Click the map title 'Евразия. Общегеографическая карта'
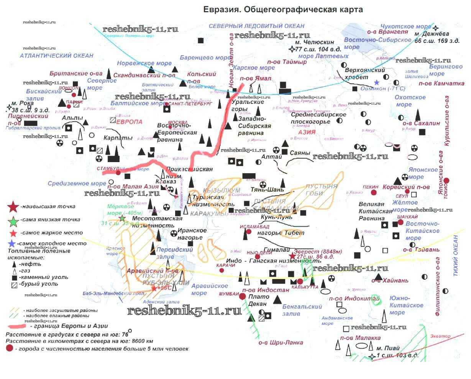coord(282,10)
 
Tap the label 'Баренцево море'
coord(205,58)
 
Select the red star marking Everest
coord(292,256)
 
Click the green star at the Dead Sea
coord(122,218)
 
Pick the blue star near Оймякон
coord(377,82)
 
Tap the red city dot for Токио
coord(446,180)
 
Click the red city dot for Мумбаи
coord(242,296)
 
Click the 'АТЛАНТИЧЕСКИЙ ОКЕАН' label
coord(57,56)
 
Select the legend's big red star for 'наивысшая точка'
coord(13,207)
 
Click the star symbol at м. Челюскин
coord(292,49)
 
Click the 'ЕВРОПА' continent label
coord(129,121)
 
